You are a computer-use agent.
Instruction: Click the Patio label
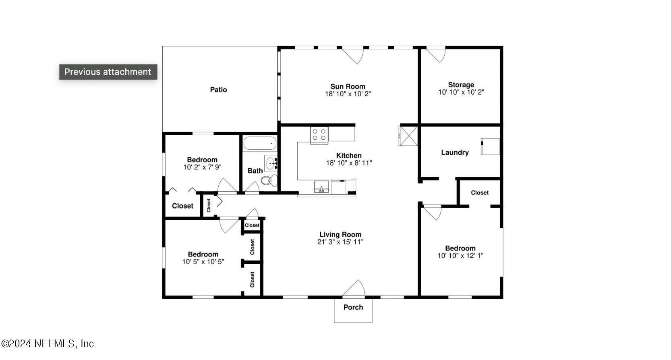pos(218,89)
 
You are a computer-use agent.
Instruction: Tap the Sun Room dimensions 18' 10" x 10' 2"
pos(348,94)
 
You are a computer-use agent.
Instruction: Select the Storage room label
pos(461,85)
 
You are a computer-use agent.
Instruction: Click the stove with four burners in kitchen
pos(319,134)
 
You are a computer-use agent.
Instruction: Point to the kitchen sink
pos(321,187)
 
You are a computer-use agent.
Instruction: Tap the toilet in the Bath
pos(269,180)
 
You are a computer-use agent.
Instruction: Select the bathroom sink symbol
pos(271,163)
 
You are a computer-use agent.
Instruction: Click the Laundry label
pos(455,152)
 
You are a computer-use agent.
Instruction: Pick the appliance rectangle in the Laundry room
pos(490,147)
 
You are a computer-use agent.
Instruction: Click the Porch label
pos(353,307)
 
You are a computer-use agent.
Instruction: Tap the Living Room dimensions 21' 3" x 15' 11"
pos(340,242)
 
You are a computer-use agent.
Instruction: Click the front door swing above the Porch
pos(354,288)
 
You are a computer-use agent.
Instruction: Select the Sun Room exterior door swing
pos(354,56)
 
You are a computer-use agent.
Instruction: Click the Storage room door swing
pos(437,55)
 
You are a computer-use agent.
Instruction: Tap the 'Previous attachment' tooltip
pos(108,72)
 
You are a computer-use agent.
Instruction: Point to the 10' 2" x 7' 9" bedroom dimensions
pos(202,167)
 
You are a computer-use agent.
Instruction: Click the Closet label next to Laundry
pos(480,192)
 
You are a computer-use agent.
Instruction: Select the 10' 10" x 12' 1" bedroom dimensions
pos(460,256)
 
